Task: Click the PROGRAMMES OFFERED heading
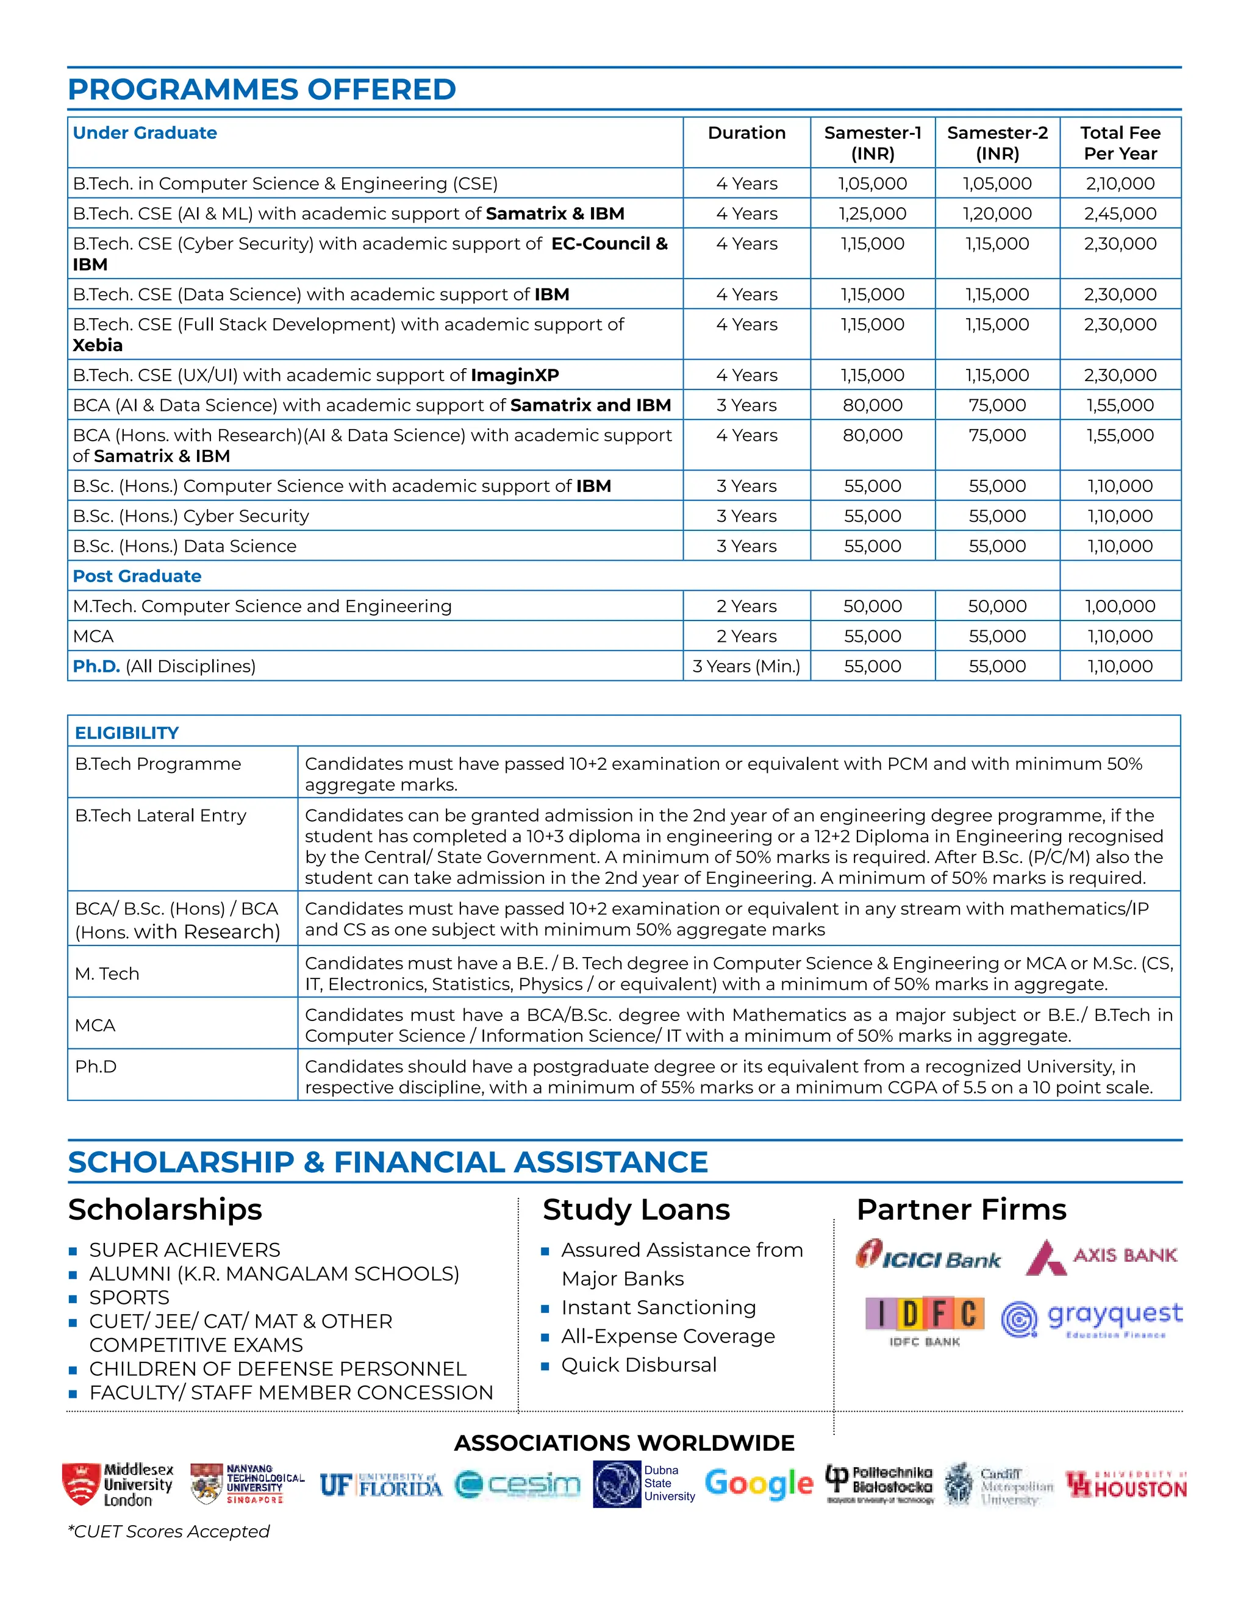point(262,90)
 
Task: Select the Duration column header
point(746,133)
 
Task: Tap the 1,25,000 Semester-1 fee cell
point(872,214)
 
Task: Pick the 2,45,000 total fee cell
point(1120,214)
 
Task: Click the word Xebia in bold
point(98,346)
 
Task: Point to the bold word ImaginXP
point(515,375)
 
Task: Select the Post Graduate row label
point(137,576)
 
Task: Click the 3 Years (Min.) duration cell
point(746,666)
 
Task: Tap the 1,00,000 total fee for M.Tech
point(1120,607)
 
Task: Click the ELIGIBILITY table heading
point(126,733)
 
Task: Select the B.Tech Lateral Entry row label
point(160,816)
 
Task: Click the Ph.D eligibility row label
point(96,1066)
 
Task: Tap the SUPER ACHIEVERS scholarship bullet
point(185,1250)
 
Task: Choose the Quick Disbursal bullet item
point(638,1365)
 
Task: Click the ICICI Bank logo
point(928,1257)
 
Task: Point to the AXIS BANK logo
point(1101,1257)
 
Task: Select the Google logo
point(759,1484)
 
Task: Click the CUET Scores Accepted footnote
point(169,1531)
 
